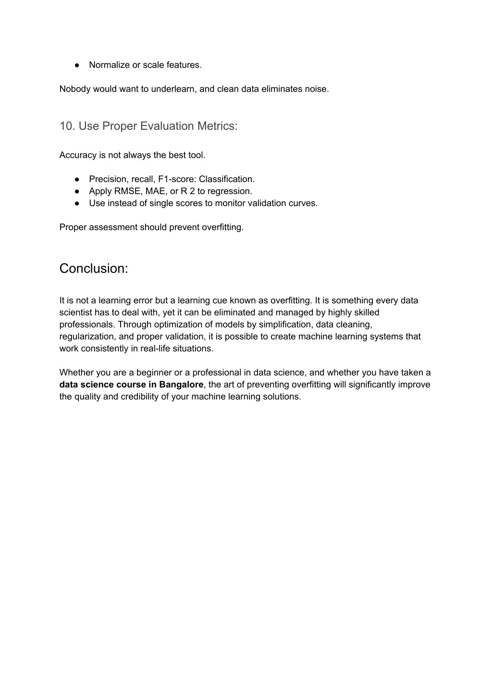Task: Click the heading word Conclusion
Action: pyautogui.click(x=93, y=269)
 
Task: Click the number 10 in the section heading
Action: pyautogui.click(x=66, y=126)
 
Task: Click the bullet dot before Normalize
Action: pyautogui.click(x=77, y=65)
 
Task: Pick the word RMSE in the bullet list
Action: pyautogui.click(x=127, y=191)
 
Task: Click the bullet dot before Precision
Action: pyautogui.click(x=77, y=179)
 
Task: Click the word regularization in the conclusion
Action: pyautogui.click(x=87, y=336)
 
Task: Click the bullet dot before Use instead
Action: pyautogui.click(x=77, y=203)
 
